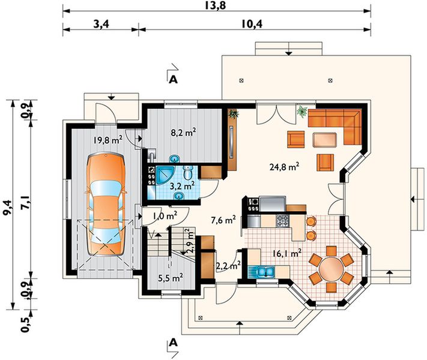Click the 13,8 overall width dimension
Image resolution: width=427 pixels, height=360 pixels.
pos(217,5)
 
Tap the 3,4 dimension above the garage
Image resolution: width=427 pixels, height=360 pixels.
pos(101,24)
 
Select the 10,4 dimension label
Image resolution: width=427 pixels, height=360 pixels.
pos(252,24)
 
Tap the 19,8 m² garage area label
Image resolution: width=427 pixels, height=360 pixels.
pos(108,140)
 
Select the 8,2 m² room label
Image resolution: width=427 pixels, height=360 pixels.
pos(183,133)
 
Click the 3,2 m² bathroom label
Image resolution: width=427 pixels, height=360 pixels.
pos(182,186)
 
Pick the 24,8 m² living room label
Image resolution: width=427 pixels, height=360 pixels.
pos(285,166)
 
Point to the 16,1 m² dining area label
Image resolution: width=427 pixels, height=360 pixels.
pos(287,253)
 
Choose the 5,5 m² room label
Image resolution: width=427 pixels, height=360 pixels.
pos(171,278)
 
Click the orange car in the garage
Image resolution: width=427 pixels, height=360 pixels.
pos(106,205)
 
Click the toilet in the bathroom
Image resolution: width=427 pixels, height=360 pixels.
pos(188,173)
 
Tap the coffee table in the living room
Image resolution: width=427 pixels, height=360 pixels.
pos(324,140)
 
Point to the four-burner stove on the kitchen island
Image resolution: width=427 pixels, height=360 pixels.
pos(283,221)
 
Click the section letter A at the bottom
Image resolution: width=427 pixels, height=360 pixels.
pos(173,343)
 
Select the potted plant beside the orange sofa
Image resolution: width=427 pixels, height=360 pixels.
pos(302,111)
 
